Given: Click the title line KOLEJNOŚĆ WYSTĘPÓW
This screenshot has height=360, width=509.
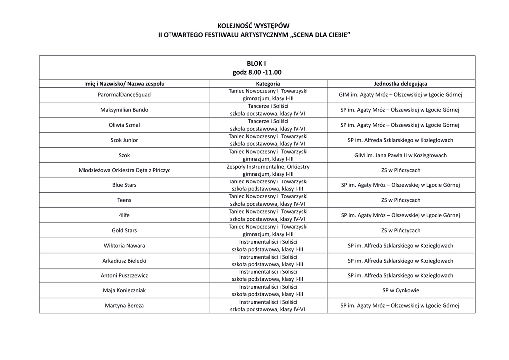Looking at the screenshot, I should pyautogui.click(x=254, y=26).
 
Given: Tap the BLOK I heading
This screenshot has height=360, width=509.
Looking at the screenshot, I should pyautogui.click(x=256, y=63).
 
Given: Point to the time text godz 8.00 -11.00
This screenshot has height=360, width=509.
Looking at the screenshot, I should pyautogui.click(x=256, y=72).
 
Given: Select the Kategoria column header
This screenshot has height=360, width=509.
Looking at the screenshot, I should pyautogui.click(x=268, y=84).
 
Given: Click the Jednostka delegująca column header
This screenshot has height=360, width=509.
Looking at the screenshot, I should pyautogui.click(x=400, y=84).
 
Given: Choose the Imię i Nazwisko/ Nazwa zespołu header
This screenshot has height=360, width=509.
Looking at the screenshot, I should pyautogui.click(x=124, y=84).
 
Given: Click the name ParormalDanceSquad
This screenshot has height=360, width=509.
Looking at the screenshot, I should pyautogui.click(x=124, y=94).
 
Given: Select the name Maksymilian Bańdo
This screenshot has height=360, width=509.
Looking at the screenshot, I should pyautogui.click(x=124, y=110).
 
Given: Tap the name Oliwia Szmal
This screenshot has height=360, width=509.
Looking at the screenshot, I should pyautogui.click(x=124, y=125).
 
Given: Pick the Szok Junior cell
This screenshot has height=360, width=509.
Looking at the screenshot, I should pyautogui.click(x=124, y=140).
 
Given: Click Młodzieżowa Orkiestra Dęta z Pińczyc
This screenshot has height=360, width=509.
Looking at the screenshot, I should pyautogui.click(x=124, y=170).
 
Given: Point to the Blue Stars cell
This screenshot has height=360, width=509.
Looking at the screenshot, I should pyautogui.click(x=124, y=185).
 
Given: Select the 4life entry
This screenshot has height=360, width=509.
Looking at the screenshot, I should pyautogui.click(x=124, y=215).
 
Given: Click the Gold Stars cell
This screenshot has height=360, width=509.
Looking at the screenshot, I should pyautogui.click(x=124, y=231).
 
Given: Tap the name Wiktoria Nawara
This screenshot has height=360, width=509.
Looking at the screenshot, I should pyautogui.click(x=124, y=246).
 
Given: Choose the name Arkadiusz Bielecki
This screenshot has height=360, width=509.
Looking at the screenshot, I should pyautogui.click(x=124, y=261).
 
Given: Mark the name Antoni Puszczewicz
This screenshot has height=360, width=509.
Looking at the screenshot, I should pyautogui.click(x=124, y=275).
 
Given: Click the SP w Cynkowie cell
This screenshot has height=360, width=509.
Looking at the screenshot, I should pyautogui.click(x=400, y=290).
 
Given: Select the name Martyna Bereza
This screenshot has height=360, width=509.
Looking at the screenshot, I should pyautogui.click(x=124, y=306).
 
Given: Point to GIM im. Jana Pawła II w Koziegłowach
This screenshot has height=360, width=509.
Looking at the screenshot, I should pyautogui.click(x=400, y=155).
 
